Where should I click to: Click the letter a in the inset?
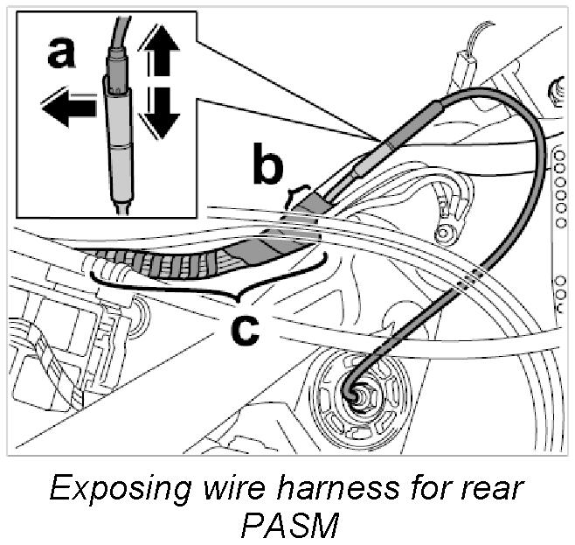click(61, 55)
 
